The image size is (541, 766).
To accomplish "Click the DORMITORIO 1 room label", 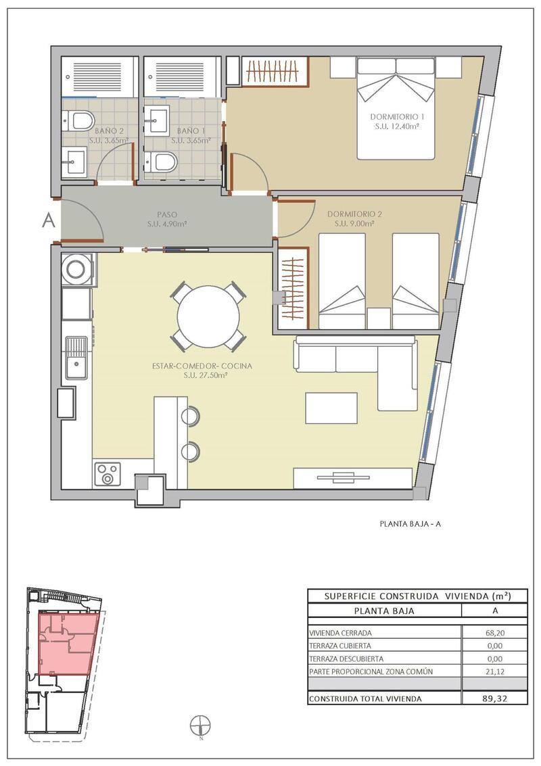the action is point(397,117).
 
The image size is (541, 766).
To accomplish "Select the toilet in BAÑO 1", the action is point(161,162).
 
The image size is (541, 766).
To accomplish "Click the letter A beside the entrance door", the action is point(49,221).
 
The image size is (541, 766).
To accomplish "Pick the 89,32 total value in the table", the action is point(494,698).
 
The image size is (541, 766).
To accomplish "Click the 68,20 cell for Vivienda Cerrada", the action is point(494,633).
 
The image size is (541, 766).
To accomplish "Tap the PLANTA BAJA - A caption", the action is point(410,524).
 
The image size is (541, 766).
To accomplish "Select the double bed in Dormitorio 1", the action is point(396,108).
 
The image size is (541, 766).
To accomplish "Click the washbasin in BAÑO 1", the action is point(158,120).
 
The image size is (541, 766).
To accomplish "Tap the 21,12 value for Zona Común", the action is point(494,672).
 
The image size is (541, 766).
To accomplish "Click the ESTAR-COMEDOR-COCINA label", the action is point(202,366).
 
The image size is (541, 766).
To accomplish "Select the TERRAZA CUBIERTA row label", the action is point(340,646).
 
